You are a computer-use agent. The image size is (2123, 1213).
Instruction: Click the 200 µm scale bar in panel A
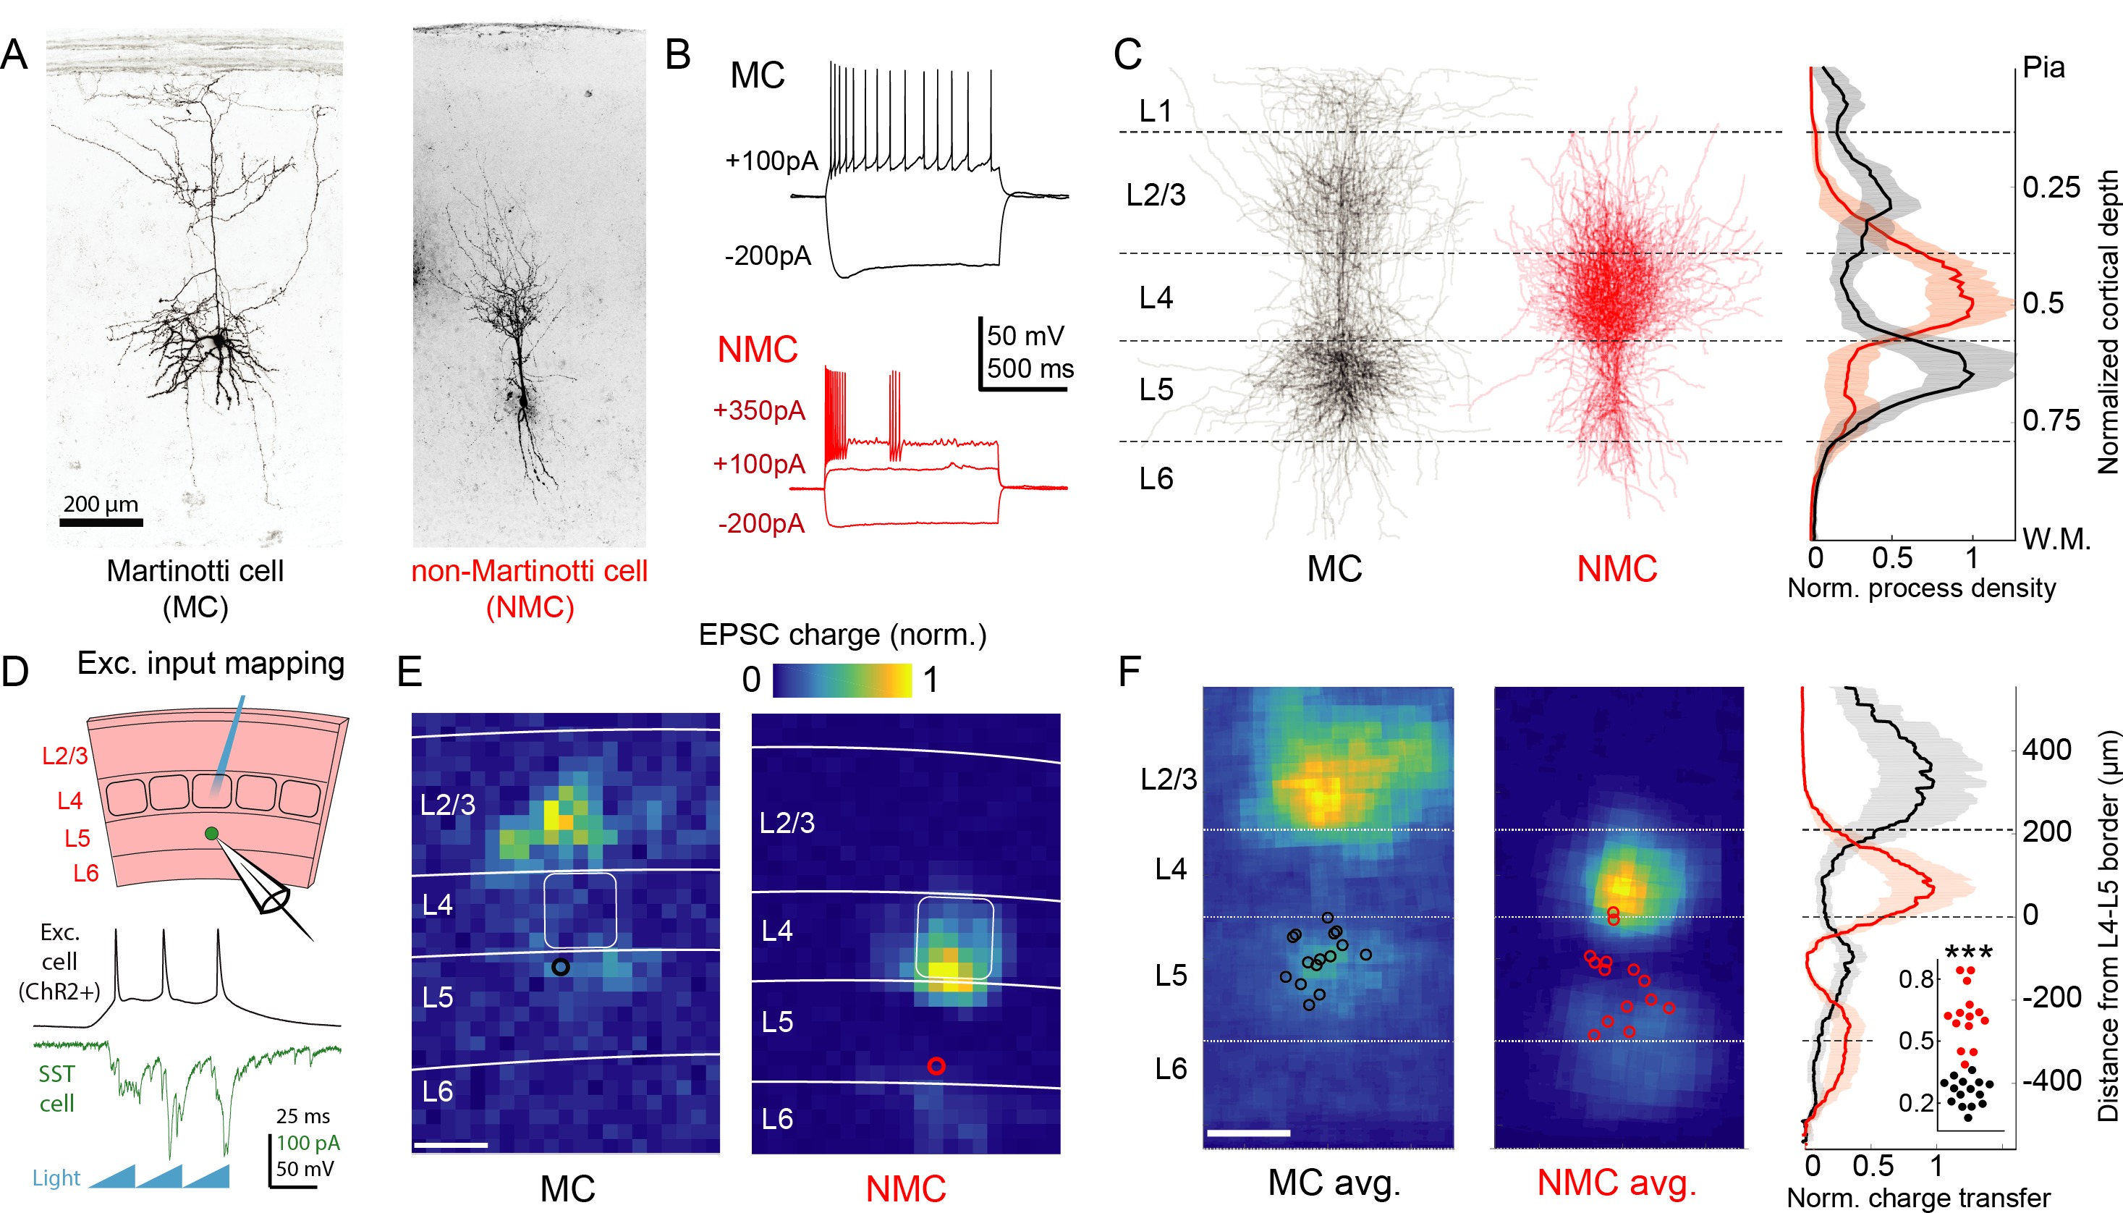point(101,523)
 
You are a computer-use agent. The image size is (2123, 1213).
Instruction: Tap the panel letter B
point(678,55)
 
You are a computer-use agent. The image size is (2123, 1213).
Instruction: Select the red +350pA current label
point(759,410)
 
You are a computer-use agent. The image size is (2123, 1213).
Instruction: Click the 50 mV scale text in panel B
point(1025,337)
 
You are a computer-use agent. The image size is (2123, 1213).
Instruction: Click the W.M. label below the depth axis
point(2056,540)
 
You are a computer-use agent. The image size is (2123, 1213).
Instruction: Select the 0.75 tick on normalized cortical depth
point(2051,420)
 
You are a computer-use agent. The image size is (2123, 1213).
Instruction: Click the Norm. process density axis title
point(1920,588)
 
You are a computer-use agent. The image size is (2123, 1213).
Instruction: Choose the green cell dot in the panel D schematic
point(211,833)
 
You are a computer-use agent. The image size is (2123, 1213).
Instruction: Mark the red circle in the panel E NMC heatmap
point(936,1065)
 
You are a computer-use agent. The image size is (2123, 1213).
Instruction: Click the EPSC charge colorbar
point(842,680)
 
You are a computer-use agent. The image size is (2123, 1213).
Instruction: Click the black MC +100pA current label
point(771,161)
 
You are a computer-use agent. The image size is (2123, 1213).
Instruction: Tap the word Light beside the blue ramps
point(56,1178)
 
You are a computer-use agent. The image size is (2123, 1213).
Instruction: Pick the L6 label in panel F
point(1170,1069)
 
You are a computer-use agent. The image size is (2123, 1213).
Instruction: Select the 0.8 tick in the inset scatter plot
point(1915,979)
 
